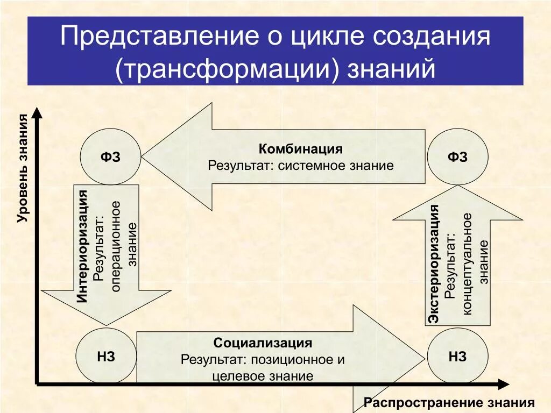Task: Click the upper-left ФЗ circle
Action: coord(110,157)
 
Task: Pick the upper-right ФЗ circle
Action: coord(457,157)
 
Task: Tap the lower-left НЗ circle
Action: coord(106,357)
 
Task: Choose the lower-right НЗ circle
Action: coord(457,357)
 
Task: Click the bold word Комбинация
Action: coord(301,149)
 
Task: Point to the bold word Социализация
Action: coord(263,343)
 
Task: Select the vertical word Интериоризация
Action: coord(82,246)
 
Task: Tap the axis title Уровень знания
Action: coord(23,168)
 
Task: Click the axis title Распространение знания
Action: coord(449,403)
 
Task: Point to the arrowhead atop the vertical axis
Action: coord(37,112)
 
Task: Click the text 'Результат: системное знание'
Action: coord(301,166)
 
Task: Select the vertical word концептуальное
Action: coord(467,264)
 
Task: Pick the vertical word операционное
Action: coord(116,246)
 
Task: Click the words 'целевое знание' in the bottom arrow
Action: coord(263,376)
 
